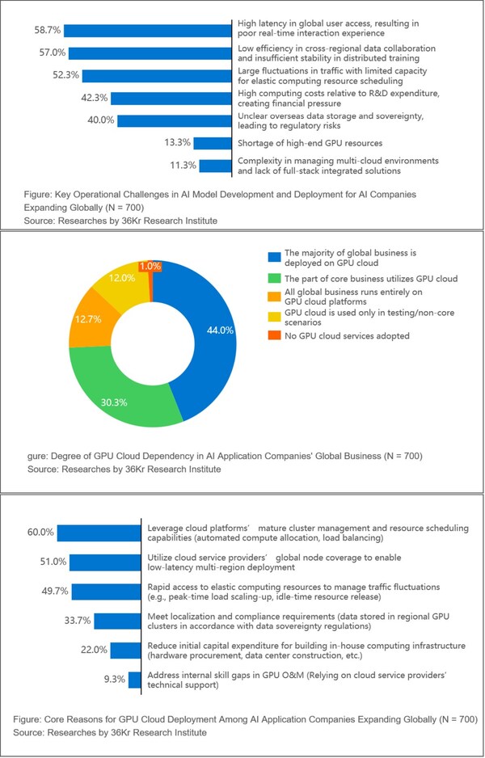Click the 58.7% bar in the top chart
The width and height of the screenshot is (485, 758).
(145, 31)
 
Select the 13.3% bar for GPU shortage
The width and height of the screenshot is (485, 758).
(213, 143)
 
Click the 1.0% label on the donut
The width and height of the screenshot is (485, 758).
(150, 266)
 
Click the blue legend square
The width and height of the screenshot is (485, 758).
(274, 258)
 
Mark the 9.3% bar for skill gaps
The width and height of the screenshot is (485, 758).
(136, 680)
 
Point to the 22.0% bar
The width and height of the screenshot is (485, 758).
(125, 650)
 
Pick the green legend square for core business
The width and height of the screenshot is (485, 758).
(274, 278)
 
